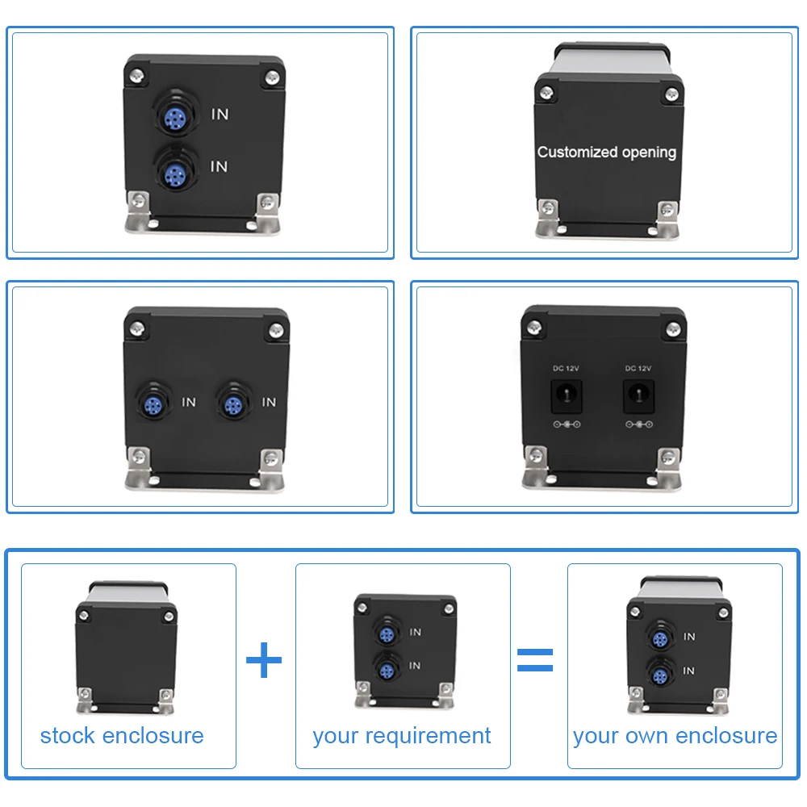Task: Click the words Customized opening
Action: [x=606, y=152]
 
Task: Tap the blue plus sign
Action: [x=264, y=661]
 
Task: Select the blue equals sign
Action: [x=535, y=659]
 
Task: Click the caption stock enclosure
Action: [x=122, y=736]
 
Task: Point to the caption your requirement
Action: [x=402, y=736]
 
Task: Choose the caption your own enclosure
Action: [x=675, y=736]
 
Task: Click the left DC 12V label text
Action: [x=566, y=368]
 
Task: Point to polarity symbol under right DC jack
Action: [x=638, y=424]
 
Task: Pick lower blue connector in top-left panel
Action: [x=173, y=172]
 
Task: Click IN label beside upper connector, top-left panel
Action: [x=220, y=115]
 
